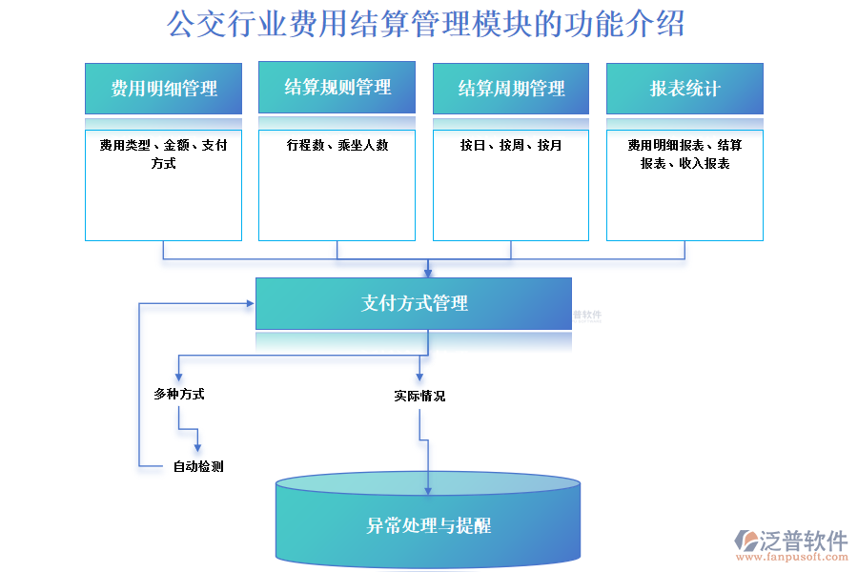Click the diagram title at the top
pos(426,24)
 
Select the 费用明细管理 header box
pos(163,89)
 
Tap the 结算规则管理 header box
pos(337,88)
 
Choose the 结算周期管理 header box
pos(510,89)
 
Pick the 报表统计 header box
pos(684,89)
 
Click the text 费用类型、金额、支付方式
pos(163,154)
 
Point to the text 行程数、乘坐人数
pos(337,146)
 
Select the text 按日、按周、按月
pos(510,146)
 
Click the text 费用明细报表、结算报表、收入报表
pos(684,154)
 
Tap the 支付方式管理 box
pos(414,303)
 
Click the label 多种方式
pos(178,394)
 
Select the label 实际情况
pos(419,396)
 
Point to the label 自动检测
pos(198,467)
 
